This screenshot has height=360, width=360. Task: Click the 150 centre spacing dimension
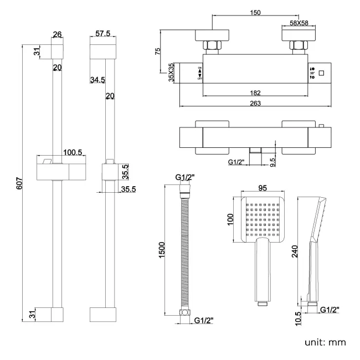(255, 13)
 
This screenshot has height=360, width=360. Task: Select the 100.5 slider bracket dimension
(73, 152)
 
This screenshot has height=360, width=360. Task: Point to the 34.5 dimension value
(97, 81)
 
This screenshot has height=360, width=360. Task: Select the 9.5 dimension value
(272, 162)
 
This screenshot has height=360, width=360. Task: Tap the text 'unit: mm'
(326, 342)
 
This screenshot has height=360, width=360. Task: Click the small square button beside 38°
(322, 73)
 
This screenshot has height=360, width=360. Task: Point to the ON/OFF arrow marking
(199, 73)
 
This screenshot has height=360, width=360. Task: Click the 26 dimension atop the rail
(56, 34)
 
